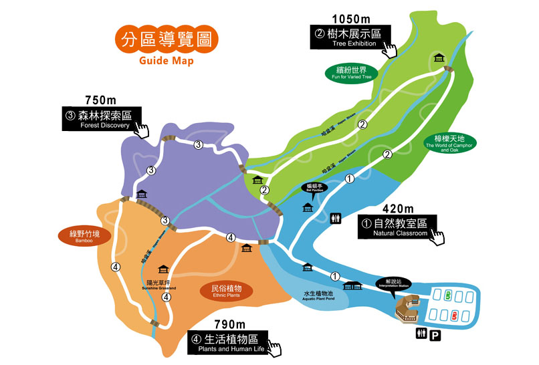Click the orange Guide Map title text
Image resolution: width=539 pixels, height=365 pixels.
point(166,61)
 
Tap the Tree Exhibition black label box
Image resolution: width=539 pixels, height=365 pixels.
point(350,37)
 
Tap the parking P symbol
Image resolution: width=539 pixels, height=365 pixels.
point(435,336)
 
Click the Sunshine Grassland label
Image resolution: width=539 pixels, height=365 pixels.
point(159,284)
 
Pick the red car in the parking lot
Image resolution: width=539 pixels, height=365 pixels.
point(454,314)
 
